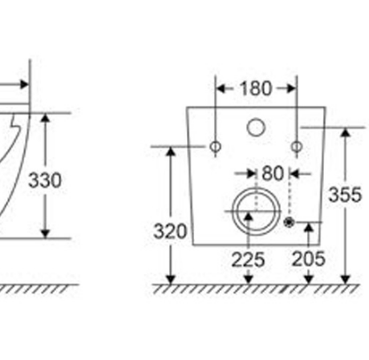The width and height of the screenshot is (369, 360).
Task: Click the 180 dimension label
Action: tap(256, 88)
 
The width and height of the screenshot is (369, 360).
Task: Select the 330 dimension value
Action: tap(45, 180)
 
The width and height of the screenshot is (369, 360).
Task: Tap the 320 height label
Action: tap(170, 231)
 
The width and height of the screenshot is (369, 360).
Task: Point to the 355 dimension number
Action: tap(345, 195)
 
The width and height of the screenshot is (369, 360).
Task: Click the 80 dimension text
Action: tap(273, 173)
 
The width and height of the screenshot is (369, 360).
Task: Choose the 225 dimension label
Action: tap(248, 260)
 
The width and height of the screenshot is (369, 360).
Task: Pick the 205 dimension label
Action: tap(309, 259)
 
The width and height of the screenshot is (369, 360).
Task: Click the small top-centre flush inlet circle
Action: tap(256, 127)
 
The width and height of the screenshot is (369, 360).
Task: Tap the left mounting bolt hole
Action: tap(215, 147)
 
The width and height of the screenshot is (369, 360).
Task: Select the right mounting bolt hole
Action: tap(297, 147)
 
